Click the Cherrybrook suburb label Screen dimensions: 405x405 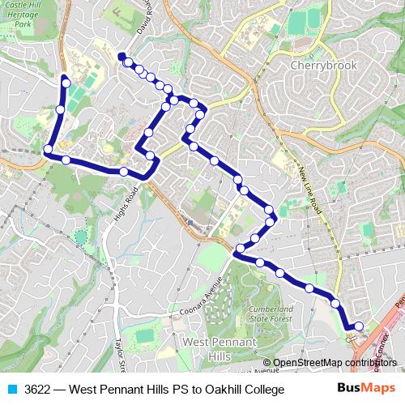click(324, 65)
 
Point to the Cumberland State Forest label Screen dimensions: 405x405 click(271, 313)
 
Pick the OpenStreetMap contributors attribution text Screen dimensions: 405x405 click(335, 363)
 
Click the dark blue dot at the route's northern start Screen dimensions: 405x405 click(122, 56)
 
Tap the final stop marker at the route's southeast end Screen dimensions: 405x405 click(359, 326)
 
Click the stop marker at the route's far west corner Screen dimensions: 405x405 click(49, 150)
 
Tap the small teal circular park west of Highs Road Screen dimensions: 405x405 click(80, 237)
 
